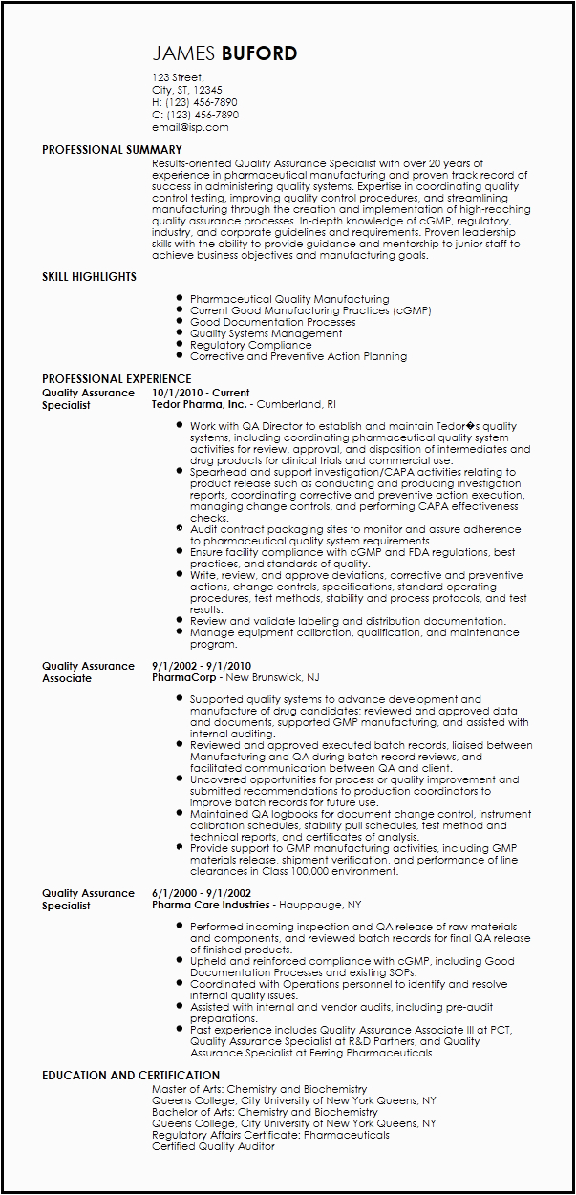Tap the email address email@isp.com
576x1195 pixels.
190,127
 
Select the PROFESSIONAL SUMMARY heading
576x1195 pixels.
112,150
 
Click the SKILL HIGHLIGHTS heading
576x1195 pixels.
89,277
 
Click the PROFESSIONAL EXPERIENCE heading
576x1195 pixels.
117,379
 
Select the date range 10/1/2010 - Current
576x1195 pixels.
201,393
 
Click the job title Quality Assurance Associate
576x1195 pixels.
88,672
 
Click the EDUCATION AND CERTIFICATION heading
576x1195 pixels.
131,1076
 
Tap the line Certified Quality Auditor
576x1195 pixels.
213,1146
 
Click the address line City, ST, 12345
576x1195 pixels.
187,90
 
